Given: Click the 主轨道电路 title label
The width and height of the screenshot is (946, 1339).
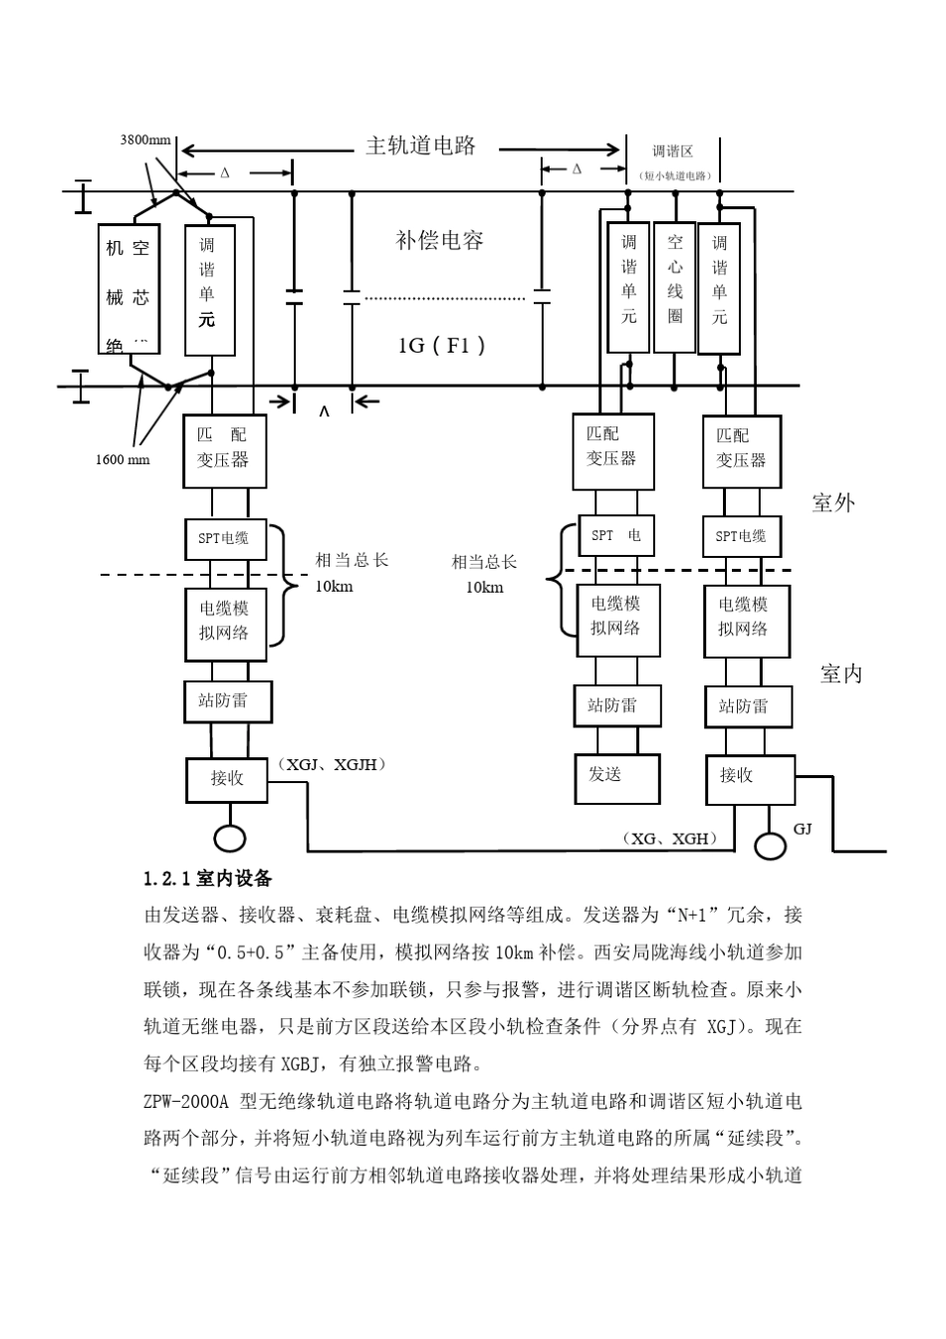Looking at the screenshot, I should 420,145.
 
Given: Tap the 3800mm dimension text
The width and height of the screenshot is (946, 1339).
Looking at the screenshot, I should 145,140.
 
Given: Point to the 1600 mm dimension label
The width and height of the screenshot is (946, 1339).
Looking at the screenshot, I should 122,459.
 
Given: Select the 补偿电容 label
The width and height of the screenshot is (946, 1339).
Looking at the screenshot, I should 439,240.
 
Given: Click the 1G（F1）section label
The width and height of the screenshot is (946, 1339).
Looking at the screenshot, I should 442,345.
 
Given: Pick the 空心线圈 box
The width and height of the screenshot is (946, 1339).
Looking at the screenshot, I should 675,287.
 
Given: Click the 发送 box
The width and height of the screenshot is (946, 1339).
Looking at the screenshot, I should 617,778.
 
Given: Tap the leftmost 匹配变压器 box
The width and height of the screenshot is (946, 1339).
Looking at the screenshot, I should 224,450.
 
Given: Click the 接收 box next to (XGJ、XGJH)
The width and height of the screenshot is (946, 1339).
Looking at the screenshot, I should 227,778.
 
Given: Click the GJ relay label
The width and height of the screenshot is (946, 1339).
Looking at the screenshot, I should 803,829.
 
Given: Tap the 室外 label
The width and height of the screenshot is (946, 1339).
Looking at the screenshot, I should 833,502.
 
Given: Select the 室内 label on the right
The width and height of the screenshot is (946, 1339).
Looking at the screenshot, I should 840,674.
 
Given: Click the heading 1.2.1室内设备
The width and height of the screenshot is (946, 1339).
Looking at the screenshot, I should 207,879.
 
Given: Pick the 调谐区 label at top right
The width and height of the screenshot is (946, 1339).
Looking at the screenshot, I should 673,151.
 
